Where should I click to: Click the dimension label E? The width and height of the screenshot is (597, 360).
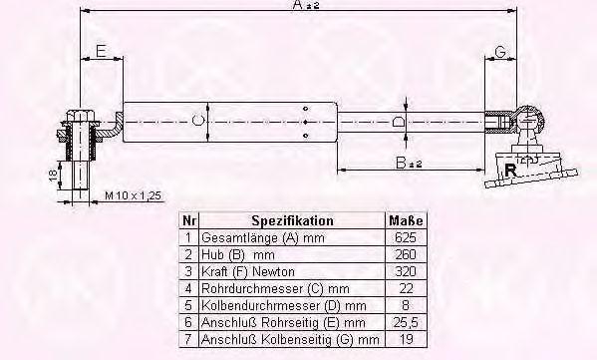tap(101, 51)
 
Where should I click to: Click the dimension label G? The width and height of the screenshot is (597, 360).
tap(500, 51)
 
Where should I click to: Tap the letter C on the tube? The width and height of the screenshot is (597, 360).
tap(198, 121)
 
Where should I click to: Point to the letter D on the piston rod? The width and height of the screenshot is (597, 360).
tap(398, 122)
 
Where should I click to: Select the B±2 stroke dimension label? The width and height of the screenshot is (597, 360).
tap(409, 164)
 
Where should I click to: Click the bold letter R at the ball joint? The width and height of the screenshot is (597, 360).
tap(510, 170)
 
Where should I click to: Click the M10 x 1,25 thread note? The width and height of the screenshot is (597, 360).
tap(133, 195)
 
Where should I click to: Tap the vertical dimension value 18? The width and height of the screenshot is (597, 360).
tap(53, 175)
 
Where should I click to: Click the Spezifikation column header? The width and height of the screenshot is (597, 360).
tap(292, 220)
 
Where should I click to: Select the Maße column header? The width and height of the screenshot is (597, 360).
tap(406, 220)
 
